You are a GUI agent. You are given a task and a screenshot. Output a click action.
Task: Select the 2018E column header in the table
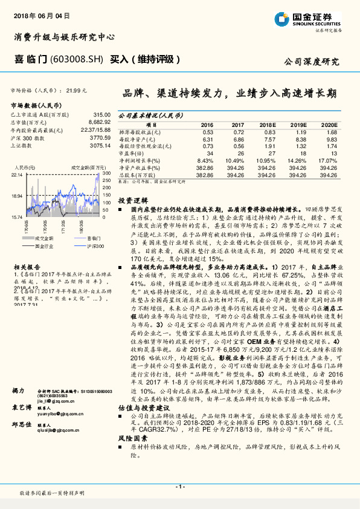click(268, 124)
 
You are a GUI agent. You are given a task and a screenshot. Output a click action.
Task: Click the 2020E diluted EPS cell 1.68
click(331, 132)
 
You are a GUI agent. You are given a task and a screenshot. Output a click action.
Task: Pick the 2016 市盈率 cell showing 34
click(208, 154)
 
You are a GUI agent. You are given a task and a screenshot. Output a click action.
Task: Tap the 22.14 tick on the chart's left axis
click(16, 174)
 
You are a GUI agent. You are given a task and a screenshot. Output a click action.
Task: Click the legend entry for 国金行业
click(42, 247)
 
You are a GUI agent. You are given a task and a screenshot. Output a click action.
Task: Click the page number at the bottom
click(179, 486)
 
